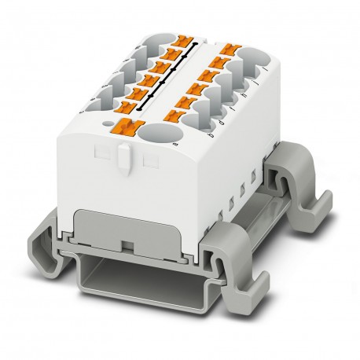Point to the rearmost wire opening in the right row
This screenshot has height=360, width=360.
pyautogui.click(x=255, y=57)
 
